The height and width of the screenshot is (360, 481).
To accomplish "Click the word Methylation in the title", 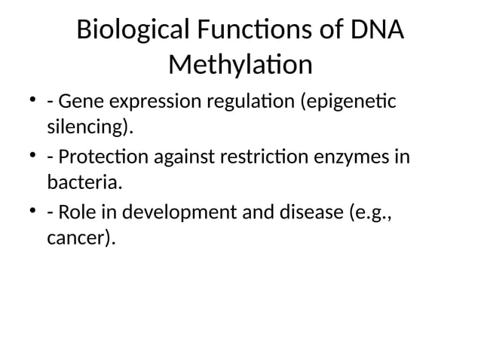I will pos(240,66).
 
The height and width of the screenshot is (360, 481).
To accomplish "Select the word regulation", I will pos(252,101).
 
